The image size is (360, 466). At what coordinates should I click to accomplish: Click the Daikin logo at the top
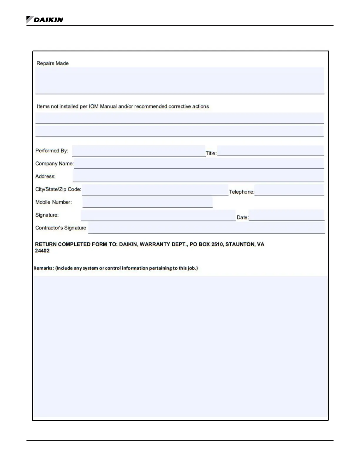pyautogui.click(x=45, y=20)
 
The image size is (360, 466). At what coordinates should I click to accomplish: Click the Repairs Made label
pyautogui.click(x=52, y=63)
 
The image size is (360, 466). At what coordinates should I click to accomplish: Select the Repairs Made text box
pyautogui.click(x=179, y=80)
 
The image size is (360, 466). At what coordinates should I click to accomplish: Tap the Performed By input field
pyautogui.click(x=139, y=151)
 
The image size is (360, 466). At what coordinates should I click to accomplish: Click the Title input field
pyautogui.click(x=270, y=151)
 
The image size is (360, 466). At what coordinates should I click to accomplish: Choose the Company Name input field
pyautogui.click(x=199, y=163)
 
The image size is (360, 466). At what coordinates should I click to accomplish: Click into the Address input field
pyautogui.click(x=198, y=176)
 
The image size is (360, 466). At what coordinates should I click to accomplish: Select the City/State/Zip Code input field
pyautogui.click(x=155, y=189)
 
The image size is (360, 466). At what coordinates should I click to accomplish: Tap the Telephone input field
pyautogui.click(x=289, y=190)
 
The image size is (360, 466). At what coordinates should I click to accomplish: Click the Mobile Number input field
pyautogui.click(x=147, y=202)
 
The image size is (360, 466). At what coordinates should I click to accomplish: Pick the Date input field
pyautogui.click(x=286, y=215)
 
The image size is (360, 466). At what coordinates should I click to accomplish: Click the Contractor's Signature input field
pyautogui.click(x=206, y=228)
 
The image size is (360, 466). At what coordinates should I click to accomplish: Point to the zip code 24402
pyautogui.click(x=42, y=251)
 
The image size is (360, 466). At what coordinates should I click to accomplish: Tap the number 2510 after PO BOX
pyautogui.click(x=217, y=244)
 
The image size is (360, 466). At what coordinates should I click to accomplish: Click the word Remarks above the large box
pyautogui.click(x=44, y=268)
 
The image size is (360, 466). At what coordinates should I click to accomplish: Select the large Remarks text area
pyautogui.click(x=180, y=347)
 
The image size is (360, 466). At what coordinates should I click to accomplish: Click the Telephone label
pyautogui.click(x=241, y=192)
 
